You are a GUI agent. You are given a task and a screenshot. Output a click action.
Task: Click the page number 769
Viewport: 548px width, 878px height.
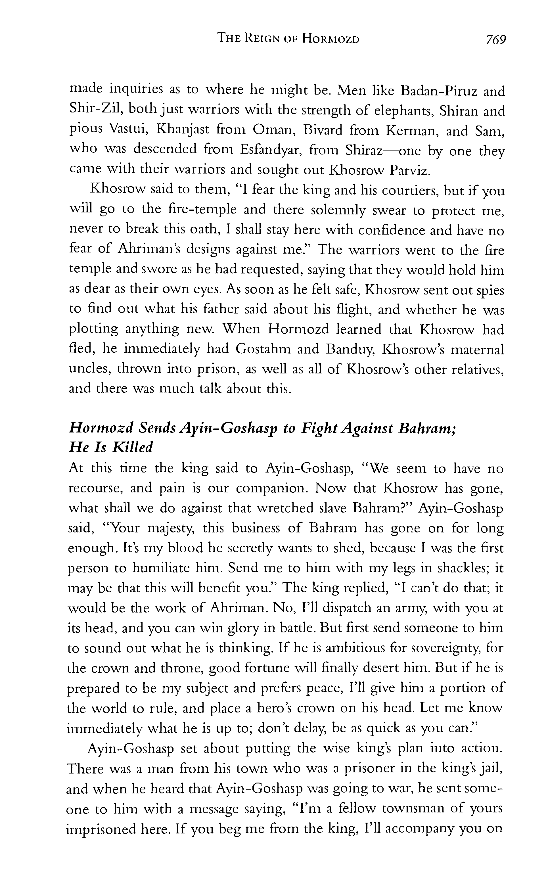[x=495, y=39]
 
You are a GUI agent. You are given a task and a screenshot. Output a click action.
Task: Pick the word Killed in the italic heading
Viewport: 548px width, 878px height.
[x=132, y=448]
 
